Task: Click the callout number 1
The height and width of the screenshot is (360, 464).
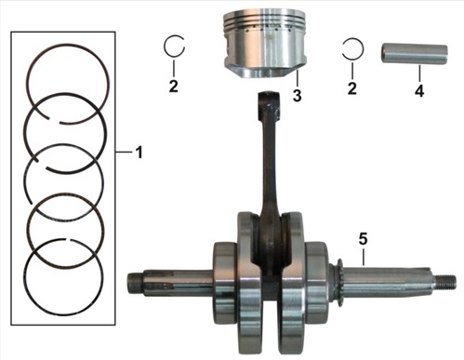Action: pyautogui.click(x=139, y=153)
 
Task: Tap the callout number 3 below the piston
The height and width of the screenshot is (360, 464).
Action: pyautogui.click(x=297, y=95)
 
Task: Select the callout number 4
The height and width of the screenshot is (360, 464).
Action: pyautogui.click(x=419, y=90)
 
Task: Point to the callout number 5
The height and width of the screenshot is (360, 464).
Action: pyautogui.click(x=363, y=239)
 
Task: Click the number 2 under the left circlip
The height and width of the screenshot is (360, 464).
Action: pyautogui.click(x=174, y=86)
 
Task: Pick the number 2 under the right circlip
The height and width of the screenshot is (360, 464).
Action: pyautogui.click(x=351, y=88)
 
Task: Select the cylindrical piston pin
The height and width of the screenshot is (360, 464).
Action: pyautogui.click(x=414, y=54)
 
